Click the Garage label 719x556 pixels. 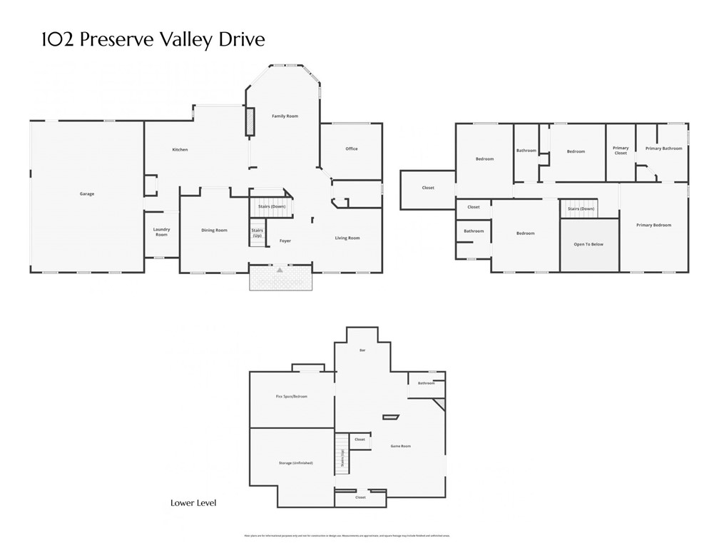[87, 194]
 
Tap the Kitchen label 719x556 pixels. [180, 150]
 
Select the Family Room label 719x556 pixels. [285, 116]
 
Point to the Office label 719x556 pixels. [351, 149]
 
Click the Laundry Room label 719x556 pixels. [161, 232]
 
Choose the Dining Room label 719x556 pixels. [214, 231]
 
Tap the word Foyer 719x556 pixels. [285, 241]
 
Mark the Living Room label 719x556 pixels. [347, 238]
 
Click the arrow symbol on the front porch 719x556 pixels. [280, 271]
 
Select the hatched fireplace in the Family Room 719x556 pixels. [250, 121]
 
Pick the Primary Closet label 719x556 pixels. [621, 151]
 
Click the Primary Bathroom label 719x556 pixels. [663, 148]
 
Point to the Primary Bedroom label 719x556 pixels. [654, 226]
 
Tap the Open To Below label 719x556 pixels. [588, 245]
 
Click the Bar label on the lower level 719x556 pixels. [362, 350]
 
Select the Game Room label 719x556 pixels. [400, 446]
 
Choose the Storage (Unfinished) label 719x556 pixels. [295, 463]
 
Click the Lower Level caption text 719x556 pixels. [193, 503]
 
